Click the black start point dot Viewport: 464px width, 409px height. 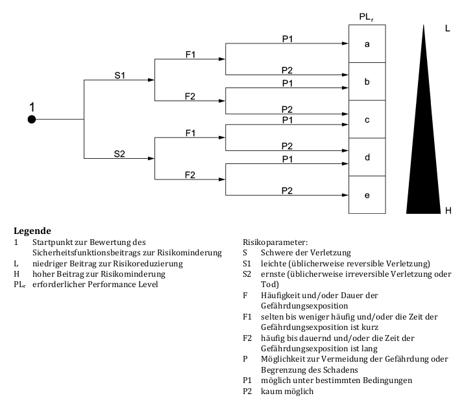point(32,119)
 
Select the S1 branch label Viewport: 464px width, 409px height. point(119,75)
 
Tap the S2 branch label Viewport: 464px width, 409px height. point(119,153)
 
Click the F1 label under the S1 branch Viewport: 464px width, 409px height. point(190,55)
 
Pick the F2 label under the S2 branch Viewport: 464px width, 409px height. point(190,174)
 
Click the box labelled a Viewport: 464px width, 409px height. point(367,44)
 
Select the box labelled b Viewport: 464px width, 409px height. point(367,82)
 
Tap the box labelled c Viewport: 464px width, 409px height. point(367,119)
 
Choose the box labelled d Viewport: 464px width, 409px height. point(367,157)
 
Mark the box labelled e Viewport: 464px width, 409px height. point(367,194)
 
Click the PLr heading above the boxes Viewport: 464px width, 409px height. point(367,16)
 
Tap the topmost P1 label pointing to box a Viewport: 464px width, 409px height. point(287,39)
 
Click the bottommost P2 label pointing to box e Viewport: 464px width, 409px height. point(287,190)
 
